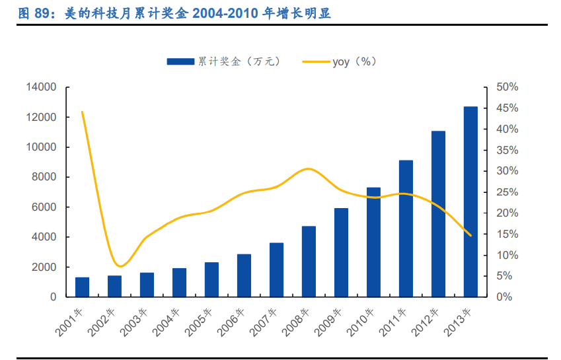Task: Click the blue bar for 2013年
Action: click(470, 201)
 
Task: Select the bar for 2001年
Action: click(82, 287)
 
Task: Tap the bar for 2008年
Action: click(309, 262)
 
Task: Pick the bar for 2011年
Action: click(406, 229)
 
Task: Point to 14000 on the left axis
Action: click(41, 87)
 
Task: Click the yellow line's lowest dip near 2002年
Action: click(120, 266)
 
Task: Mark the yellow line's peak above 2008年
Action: click(309, 169)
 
